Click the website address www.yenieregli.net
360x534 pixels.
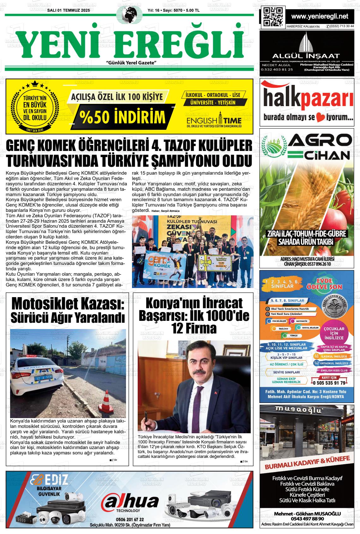pyautogui.click(x=320, y=16)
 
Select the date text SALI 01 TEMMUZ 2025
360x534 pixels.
pyautogui.click(x=68, y=10)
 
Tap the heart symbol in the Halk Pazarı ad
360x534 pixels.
pyautogui.click(x=320, y=118)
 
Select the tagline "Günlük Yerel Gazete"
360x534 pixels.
pyautogui.click(x=132, y=63)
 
